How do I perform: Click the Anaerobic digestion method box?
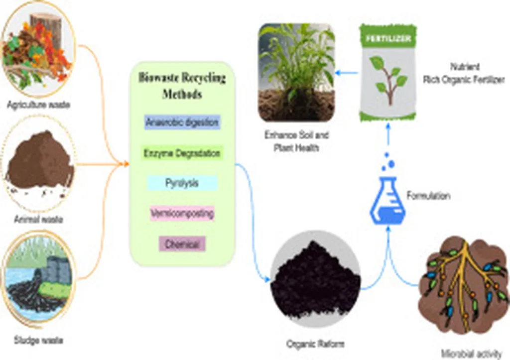pos(182,122)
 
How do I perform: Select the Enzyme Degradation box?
pos(182,153)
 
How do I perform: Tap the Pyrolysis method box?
pos(182,183)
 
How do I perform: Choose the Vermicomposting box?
pos(182,214)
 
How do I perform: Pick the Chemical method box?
pos(182,244)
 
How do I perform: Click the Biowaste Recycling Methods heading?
pos(182,86)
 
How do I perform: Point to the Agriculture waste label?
pos(38,105)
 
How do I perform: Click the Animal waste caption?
pos(38,219)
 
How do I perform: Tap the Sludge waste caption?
pos(38,341)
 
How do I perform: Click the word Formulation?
pos(428,196)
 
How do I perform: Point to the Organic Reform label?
pos(316,344)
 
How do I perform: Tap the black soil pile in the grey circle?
pos(315,281)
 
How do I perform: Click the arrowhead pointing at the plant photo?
pos(338,73)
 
